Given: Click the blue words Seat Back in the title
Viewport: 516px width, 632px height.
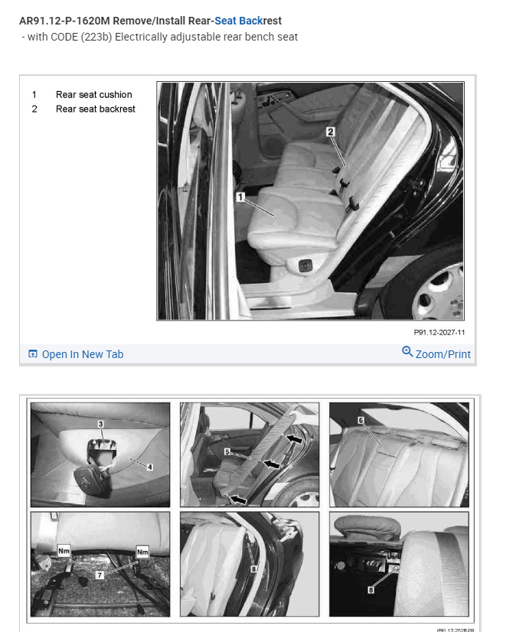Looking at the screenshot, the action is point(238,21).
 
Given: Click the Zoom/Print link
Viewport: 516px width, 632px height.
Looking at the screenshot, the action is point(443,354).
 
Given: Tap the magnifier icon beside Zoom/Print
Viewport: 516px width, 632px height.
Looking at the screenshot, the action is point(407,351).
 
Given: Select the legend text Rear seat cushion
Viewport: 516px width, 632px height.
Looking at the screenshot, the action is point(94,95).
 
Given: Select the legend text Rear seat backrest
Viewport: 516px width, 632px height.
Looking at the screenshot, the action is point(96,109).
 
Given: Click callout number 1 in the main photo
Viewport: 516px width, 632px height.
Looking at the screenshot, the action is point(240,197).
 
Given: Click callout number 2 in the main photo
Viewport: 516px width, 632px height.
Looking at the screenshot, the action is point(331,132).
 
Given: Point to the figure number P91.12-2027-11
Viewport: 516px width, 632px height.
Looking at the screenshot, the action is point(439,333).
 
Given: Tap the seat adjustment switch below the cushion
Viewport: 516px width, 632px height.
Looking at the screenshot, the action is point(305,265).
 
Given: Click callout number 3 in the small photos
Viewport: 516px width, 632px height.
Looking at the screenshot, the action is point(101,424).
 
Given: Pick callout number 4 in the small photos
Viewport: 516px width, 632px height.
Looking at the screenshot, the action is point(150,467).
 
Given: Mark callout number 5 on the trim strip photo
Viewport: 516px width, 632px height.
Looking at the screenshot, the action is point(227,452).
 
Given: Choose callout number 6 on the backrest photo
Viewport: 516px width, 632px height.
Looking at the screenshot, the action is point(361,420).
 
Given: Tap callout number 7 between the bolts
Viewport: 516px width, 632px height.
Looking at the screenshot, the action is point(100,575).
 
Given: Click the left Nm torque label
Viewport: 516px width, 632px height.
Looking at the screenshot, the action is point(64,551).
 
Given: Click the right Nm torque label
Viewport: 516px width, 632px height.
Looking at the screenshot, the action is point(142,552).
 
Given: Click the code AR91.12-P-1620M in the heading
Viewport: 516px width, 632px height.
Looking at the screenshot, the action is point(64,21).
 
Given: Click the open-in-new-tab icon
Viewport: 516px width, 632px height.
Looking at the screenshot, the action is point(33,354).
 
